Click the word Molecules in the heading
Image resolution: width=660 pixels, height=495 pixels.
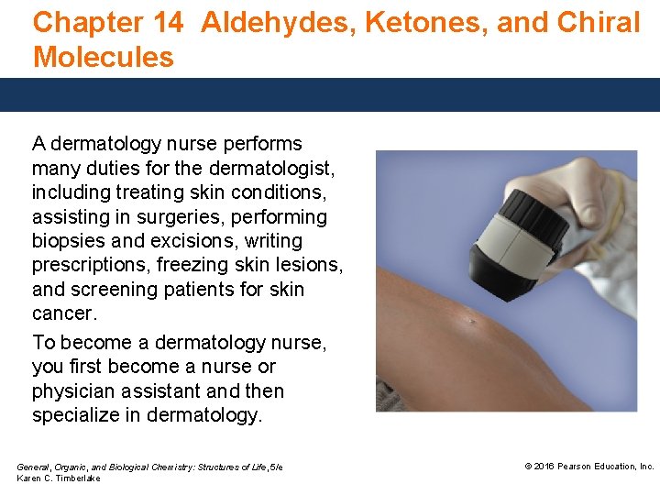(103, 57)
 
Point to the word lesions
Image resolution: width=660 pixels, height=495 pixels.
(311, 266)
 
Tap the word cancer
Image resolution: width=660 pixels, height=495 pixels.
(61, 313)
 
